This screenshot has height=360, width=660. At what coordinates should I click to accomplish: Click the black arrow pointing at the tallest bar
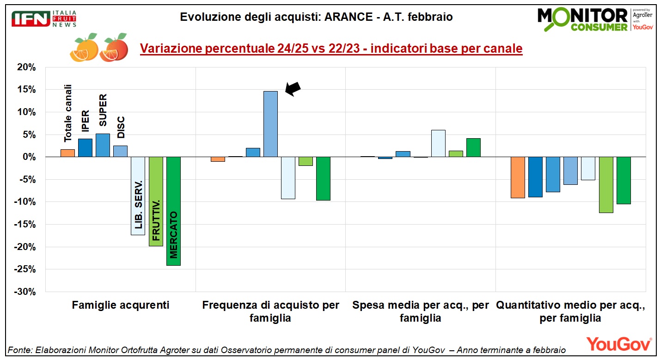293,89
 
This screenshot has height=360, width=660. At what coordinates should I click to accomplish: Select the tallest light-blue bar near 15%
270,124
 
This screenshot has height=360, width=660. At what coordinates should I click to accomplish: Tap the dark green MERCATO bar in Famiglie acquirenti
173,211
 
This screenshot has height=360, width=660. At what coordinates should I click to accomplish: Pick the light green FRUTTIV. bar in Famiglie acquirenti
156,201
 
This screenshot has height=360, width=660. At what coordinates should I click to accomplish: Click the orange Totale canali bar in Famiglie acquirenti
67,153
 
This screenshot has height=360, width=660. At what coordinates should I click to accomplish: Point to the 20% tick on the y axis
26,67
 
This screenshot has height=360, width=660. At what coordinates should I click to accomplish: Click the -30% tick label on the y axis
25,292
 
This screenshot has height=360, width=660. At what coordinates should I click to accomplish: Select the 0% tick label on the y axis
29,157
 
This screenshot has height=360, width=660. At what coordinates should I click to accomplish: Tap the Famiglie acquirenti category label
121,305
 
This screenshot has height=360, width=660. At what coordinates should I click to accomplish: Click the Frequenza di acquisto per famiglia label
270,311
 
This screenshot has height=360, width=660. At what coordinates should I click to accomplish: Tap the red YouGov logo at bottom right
618,344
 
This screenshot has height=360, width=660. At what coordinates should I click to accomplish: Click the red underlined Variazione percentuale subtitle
331,49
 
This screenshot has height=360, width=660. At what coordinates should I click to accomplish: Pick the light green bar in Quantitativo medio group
606,185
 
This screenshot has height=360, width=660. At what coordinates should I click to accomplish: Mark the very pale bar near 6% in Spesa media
438,143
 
